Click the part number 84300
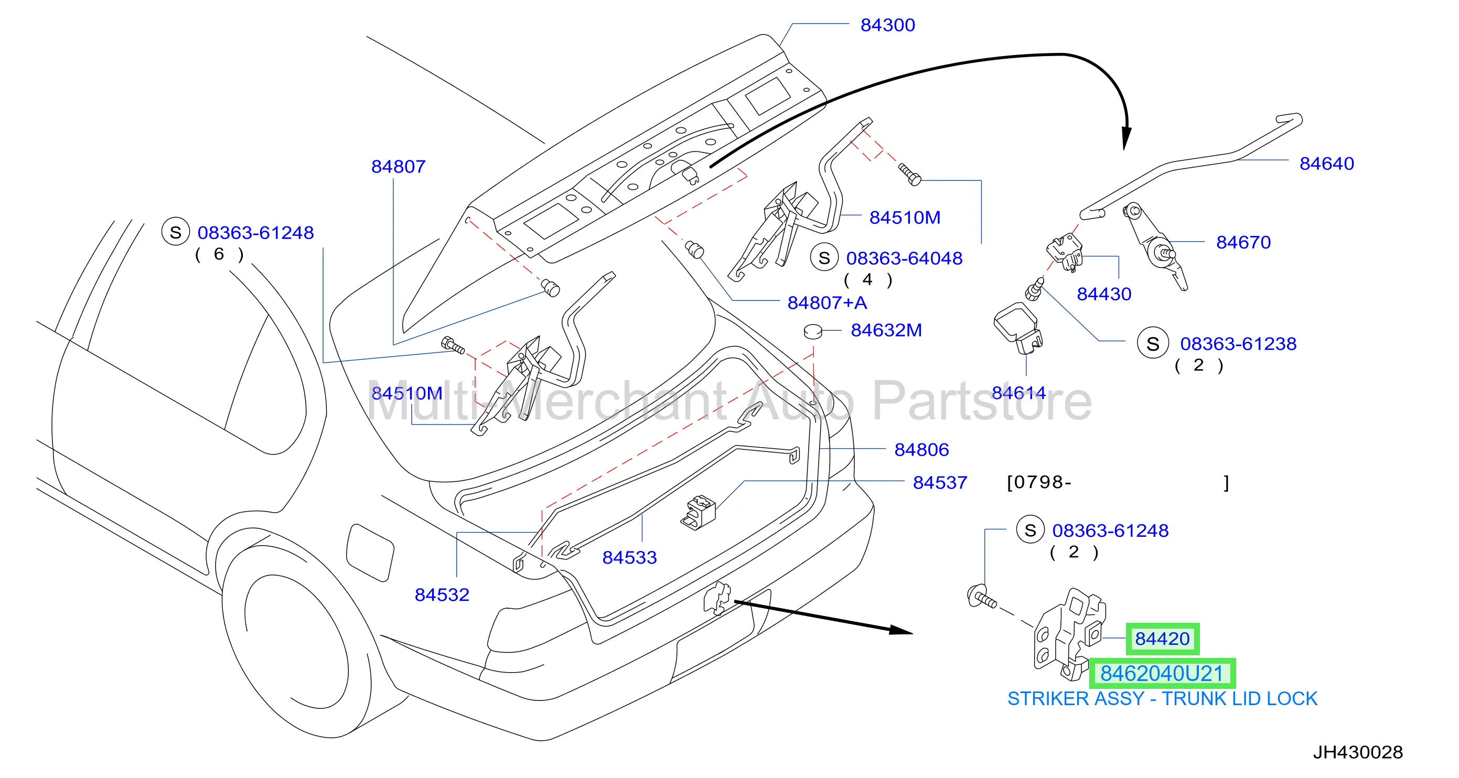tap(887, 25)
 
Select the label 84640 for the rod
tap(1326, 164)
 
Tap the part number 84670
tap(1243, 242)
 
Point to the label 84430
tap(1104, 294)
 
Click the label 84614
tap(1018, 392)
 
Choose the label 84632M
tap(886, 330)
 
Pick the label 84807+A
tap(827, 303)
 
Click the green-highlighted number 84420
tap(1162, 639)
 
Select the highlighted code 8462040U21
tap(1162, 673)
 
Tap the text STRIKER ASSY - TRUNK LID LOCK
tap(1162, 699)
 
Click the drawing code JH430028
tap(1358, 752)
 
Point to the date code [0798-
tap(1039, 482)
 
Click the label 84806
tap(921, 450)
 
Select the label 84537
tap(940, 482)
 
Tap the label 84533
tap(629, 558)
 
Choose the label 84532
tap(442, 595)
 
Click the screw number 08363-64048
tap(904, 258)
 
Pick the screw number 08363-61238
tap(1238, 344)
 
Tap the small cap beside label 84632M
tap(813, 331)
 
